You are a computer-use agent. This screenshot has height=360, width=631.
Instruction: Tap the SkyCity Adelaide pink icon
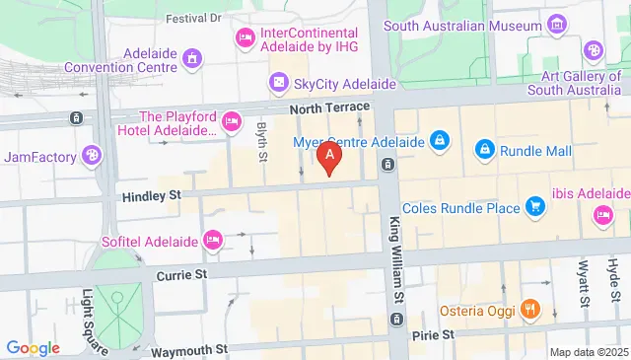(279, 82)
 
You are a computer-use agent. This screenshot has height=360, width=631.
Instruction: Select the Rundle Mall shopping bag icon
(484, 150)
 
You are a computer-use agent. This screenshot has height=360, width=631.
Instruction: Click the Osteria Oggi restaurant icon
(529, 309)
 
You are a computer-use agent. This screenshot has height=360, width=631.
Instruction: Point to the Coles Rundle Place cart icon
(535, 207)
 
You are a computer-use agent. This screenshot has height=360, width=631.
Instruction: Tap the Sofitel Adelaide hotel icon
(210, 240)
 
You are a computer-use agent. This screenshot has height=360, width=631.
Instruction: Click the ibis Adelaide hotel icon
(601, 215)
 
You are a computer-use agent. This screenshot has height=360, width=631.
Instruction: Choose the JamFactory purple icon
(92, 155)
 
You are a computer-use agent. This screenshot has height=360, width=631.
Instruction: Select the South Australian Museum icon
(558, 23)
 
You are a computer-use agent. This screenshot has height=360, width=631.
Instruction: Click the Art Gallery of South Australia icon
(594, 50)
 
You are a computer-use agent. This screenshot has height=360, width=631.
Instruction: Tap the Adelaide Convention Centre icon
(192, 59)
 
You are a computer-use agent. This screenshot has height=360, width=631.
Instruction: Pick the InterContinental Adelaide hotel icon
(245, 38)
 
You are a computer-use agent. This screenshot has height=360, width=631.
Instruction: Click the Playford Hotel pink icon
(232, 122)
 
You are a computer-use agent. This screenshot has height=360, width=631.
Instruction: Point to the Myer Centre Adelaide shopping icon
(440, 141)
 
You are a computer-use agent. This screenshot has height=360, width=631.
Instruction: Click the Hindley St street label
(152, 196)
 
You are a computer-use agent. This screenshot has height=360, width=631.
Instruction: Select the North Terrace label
(330, 107)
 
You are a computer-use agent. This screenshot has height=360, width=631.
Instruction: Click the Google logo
(33, 347)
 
